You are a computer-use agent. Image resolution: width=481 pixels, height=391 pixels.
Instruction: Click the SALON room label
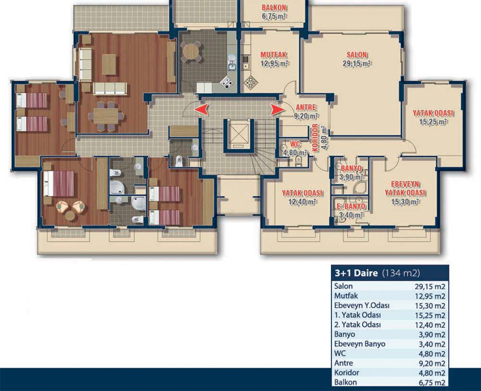tap(356, 55)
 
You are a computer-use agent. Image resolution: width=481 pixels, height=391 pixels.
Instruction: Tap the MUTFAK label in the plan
tap(273, 55)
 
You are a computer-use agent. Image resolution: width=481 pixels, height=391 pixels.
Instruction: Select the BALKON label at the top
tap(274, 8)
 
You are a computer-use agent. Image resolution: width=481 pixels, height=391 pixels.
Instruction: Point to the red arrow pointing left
tap(201, 109)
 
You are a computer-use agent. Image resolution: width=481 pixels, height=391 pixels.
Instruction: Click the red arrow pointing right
tap(277, 109)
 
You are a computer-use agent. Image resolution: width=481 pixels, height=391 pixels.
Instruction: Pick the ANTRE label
tap(306, 108)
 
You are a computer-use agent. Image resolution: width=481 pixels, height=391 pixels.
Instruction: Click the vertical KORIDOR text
tap(315, 138)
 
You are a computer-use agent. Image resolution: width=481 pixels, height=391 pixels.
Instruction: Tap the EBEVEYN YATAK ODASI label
tap(405, 188)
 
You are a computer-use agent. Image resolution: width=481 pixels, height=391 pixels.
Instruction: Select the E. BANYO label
tap(350, 207)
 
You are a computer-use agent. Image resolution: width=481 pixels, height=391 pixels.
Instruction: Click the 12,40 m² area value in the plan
tap(302, 202)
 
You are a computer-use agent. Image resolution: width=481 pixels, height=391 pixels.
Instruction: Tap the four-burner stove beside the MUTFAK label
tap(251, 82)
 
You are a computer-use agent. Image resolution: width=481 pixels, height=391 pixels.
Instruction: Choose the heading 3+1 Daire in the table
tap(356, 273)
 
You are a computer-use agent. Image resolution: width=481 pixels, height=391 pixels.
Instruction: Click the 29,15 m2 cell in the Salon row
tap(429, 287)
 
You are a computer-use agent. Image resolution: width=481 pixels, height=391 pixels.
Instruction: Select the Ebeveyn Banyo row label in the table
tap(360, 344)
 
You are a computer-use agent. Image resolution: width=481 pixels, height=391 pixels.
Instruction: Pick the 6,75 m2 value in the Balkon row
tap(431, 383)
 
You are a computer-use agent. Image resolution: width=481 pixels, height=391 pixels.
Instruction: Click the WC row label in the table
tap(340, 353)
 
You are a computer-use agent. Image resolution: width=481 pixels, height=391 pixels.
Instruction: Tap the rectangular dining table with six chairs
tap(106, 117)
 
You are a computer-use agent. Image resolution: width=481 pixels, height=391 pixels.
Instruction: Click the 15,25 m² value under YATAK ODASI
tap(433, 122)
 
